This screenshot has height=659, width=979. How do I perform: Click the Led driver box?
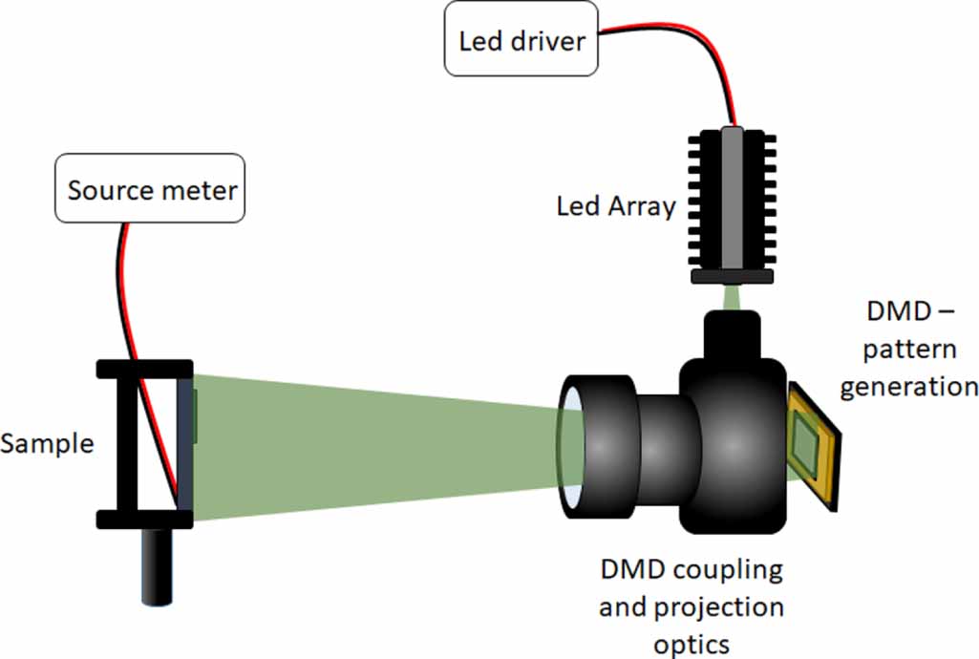pos(521,41)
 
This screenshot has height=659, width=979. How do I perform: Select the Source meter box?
pos(152,189)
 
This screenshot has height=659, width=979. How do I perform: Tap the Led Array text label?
pos(615,206)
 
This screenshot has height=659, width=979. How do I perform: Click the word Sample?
pos(47,444)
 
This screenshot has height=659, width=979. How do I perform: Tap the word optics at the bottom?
pos(692,644)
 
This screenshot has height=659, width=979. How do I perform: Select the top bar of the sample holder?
pos(144,369)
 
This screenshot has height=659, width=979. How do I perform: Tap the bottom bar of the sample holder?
pos(144,519)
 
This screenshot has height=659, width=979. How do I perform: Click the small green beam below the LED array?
pos(732,297)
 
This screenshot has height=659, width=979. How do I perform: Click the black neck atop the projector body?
pos(732,336)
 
